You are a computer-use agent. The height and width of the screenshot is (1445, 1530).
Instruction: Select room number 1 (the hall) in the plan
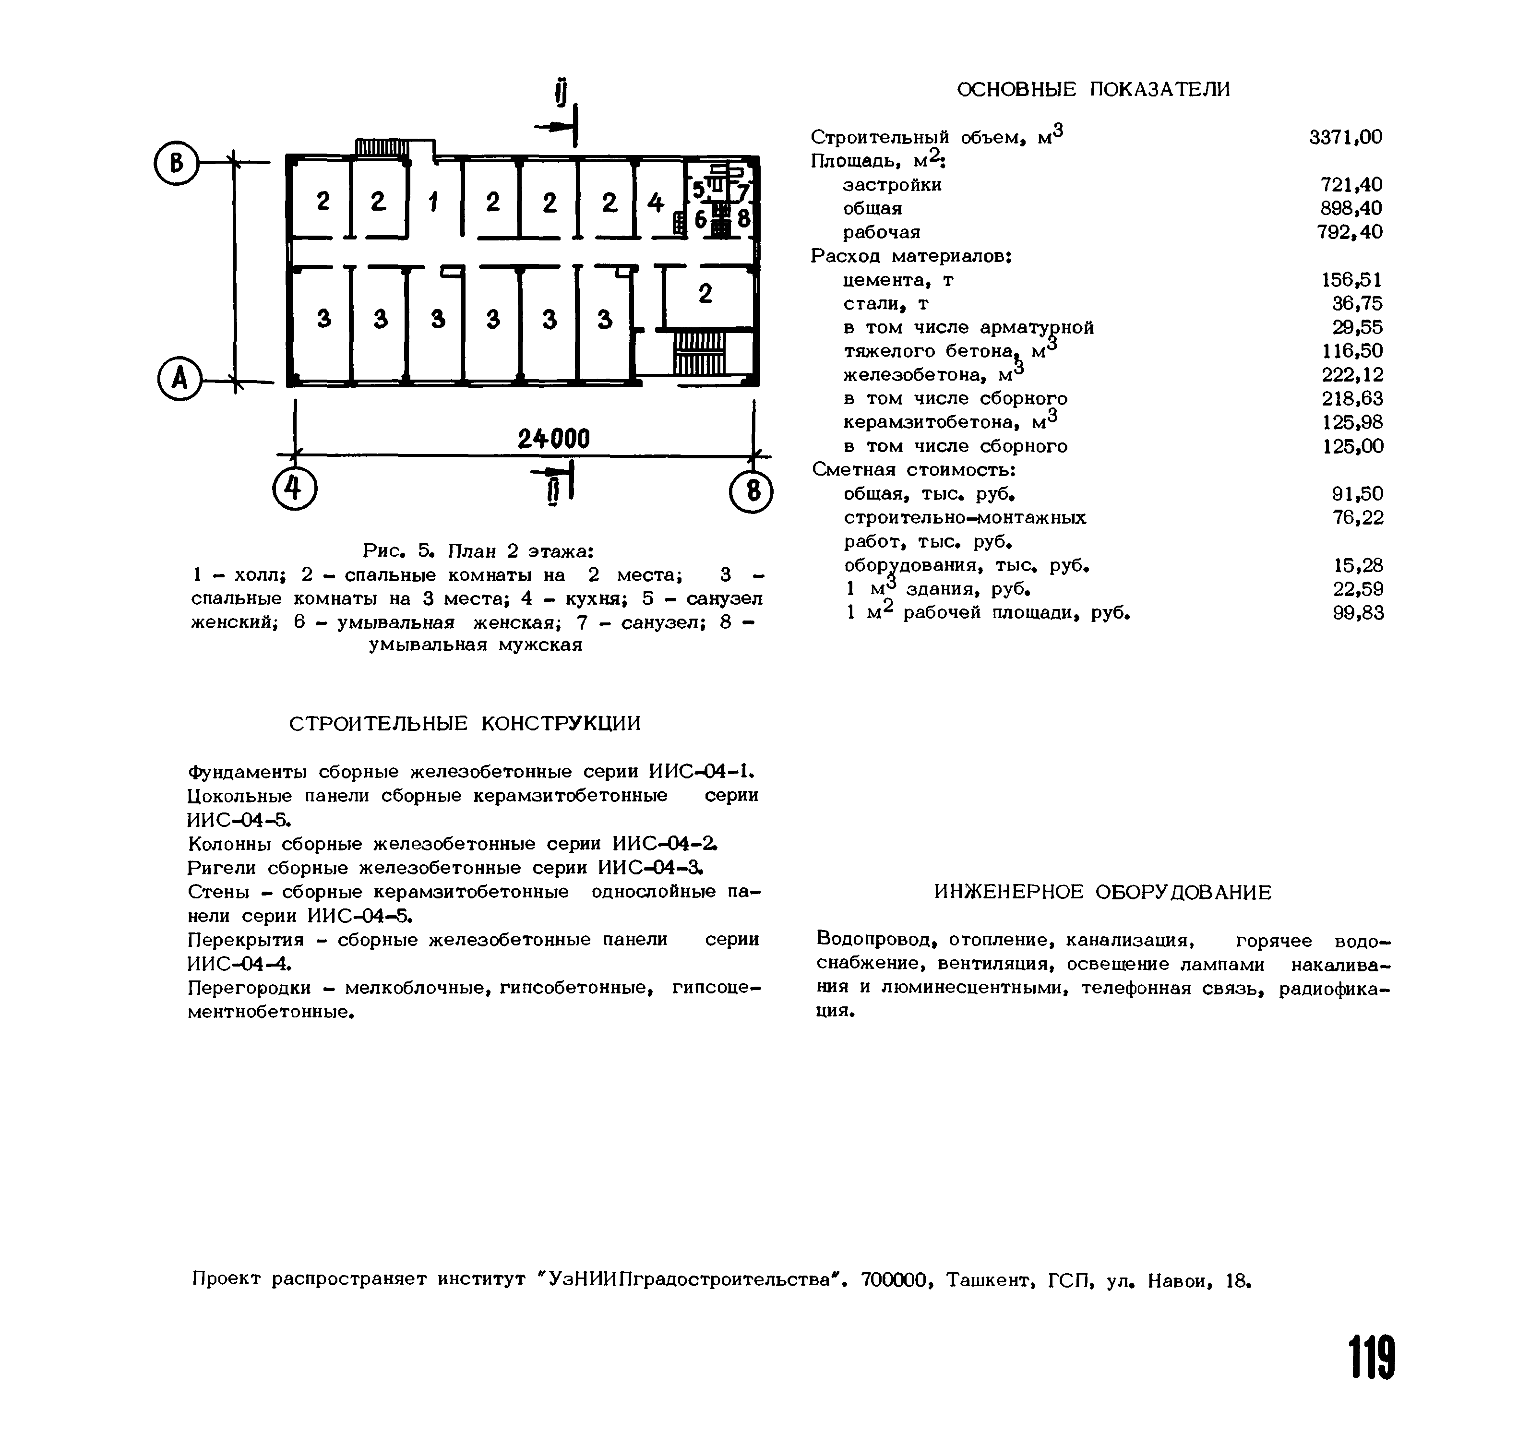pos(433,203)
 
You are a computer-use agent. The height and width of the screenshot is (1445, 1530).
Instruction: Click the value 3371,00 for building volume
pos(1345,137)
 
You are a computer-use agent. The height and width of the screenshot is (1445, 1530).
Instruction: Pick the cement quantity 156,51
pos(1351,280)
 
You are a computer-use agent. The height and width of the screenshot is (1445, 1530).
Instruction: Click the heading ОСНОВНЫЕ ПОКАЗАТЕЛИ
pos(1093,89)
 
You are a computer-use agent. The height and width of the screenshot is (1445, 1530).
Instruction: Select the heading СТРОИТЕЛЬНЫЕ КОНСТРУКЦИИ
pos(465,723)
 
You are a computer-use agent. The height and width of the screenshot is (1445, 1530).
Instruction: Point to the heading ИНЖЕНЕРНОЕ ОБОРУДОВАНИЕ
pos(1102,892)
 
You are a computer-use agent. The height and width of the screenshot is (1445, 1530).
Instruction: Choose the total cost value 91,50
pos(1357,494)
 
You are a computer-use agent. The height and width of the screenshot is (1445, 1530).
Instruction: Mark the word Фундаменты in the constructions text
pos(248,772)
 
